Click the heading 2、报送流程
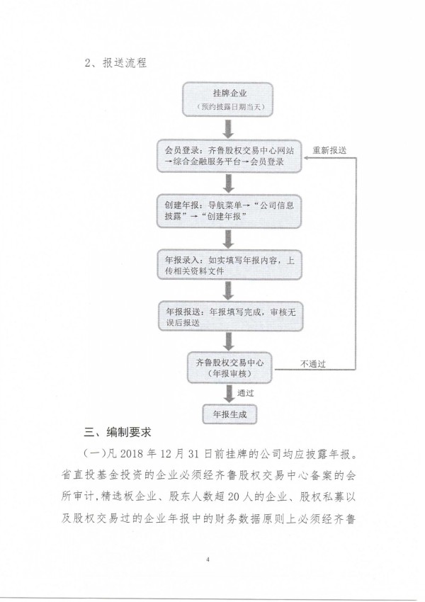pos(115,63)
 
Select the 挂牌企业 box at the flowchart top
pos(227,99)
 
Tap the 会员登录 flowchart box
pos(229,157)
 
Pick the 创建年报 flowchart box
pos(229,211)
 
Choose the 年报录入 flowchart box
pos(229,266)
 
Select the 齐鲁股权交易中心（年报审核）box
pos(229,368)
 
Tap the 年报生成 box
pos(229,414)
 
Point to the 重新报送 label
pos(329,150)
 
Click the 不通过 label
pos(313,363)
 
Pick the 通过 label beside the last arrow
pos(245,393)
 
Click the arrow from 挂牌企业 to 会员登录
pos(229,128)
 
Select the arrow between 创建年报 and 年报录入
pos(229,239)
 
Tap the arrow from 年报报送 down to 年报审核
pos(229,341)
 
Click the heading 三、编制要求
pos(118,432)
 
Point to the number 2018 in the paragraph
pos(132,454)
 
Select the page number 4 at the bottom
pos(208,560)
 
